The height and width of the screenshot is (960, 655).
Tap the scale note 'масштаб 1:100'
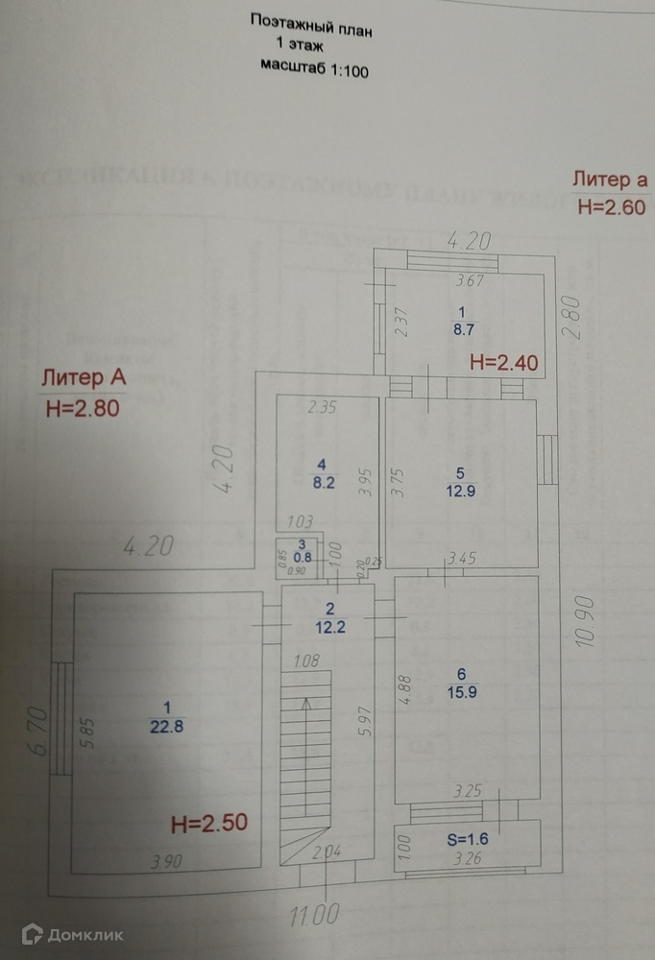314,67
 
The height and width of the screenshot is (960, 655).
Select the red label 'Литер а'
610,179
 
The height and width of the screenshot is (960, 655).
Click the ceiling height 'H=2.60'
610,206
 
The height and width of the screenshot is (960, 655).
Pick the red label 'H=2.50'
208,822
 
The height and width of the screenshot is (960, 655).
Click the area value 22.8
161,727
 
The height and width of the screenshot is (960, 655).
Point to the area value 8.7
462,329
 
